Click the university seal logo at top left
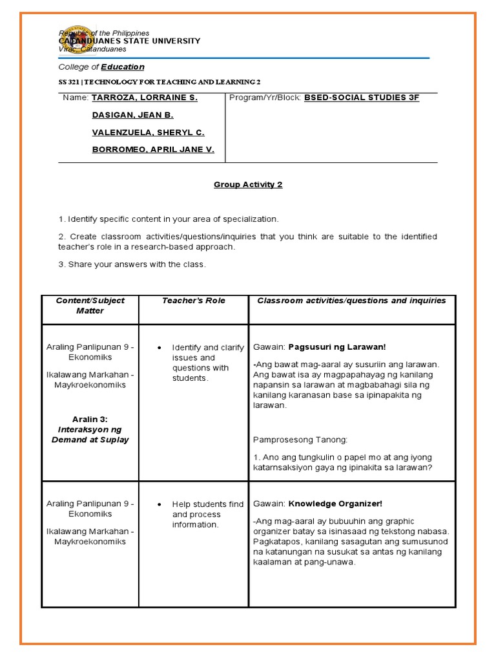pos(77,41)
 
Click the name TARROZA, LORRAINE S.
pos(144,98)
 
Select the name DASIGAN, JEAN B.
pos(132,115)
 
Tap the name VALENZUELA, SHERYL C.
pos(148,133)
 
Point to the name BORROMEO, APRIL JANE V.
pos(153,150)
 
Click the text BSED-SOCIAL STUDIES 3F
pos(361,98)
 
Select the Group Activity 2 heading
pos(248,185)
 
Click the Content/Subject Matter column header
pos(90,306)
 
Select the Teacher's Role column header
pos(193,301)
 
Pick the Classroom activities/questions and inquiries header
pos(351,301)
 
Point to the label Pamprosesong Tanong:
pos(300,440)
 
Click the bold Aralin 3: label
pos(90,419)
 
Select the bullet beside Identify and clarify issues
pos(160,348)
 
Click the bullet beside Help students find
pos(160,504)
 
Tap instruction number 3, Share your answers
pos(132,264)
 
